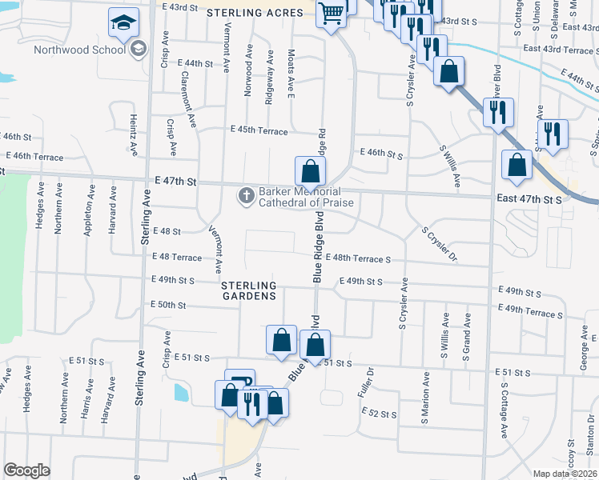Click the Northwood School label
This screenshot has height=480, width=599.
click(79, 50)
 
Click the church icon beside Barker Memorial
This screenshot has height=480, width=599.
click(246, 195)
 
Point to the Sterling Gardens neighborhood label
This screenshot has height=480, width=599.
click(249, 290)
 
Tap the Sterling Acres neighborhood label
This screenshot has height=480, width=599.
click(247, 13)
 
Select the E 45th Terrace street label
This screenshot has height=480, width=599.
click(258, 130)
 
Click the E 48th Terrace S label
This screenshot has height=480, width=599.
click(357, 259)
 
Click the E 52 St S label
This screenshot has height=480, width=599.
click(379, 414)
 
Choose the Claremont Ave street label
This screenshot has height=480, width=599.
click(190, 98)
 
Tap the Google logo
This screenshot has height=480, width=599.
click(27, 470)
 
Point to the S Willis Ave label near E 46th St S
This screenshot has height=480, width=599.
click(449, 166)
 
